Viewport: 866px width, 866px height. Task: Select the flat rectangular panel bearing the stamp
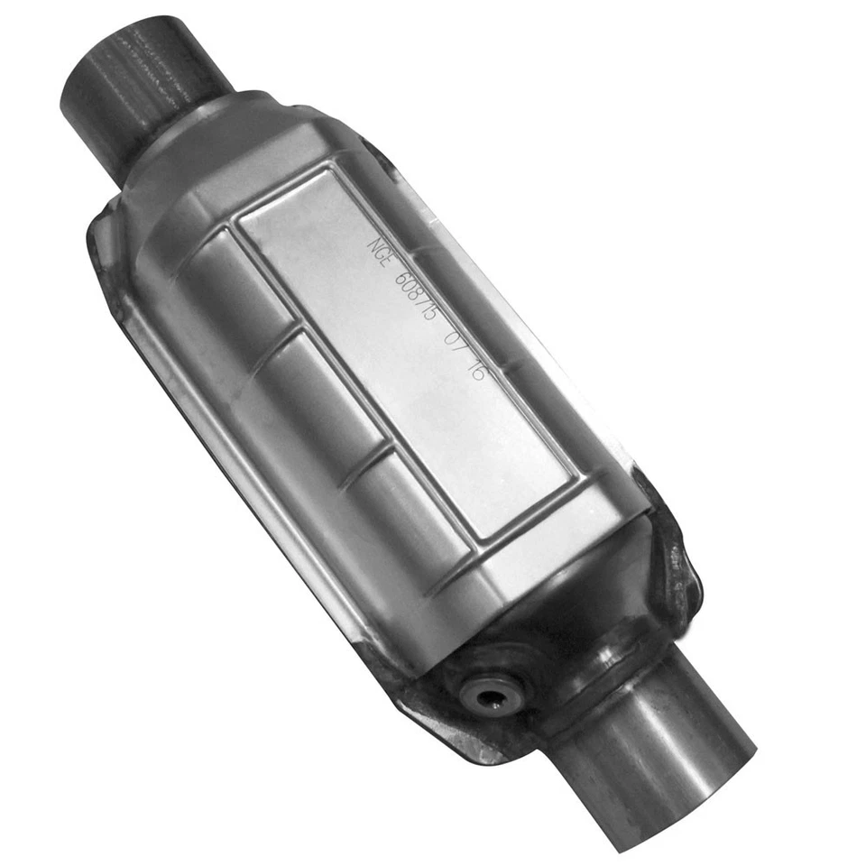(406, 352)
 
